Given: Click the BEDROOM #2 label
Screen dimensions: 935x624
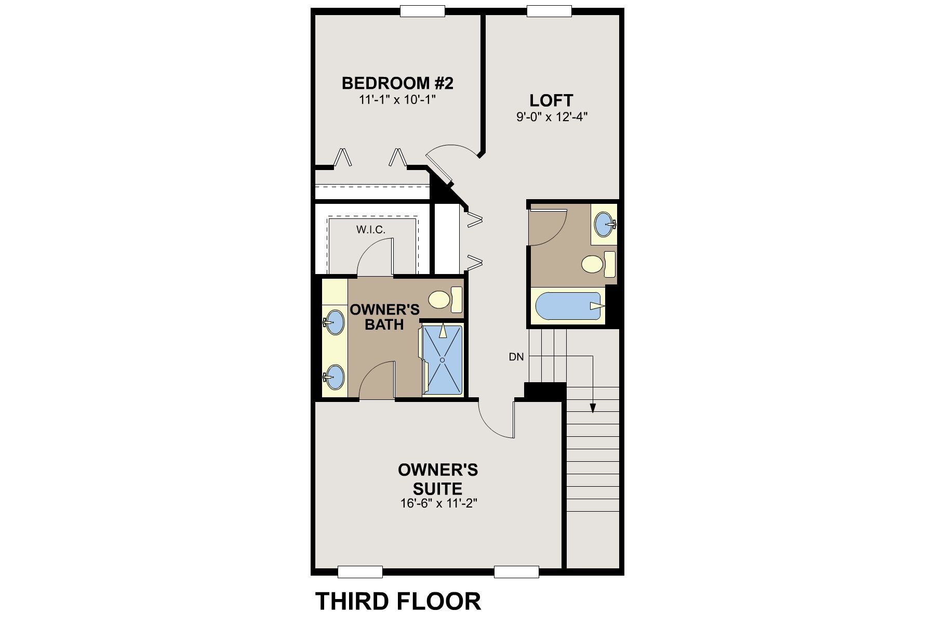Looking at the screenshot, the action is click(397, 83).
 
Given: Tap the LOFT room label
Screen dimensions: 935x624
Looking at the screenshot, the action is click(551, 100).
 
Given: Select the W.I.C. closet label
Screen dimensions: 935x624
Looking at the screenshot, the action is click(371, 229).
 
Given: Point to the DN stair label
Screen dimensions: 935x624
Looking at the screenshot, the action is click(516, 357).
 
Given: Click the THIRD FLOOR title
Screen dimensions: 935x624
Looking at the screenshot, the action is click(398, 601).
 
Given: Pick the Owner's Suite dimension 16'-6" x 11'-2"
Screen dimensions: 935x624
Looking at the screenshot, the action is click(438, 503).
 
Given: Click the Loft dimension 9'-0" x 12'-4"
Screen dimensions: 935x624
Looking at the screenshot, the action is click(551, 117).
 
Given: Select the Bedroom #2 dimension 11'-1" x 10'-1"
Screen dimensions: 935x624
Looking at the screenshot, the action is click(397, 99).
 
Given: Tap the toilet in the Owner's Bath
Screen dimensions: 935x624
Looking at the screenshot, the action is click(445, 300).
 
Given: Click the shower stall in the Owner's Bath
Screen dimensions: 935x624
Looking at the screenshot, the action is click(443, 359).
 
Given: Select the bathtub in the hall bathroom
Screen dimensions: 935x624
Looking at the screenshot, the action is click(567, 307).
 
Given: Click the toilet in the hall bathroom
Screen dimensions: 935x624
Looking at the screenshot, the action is click(598, 264).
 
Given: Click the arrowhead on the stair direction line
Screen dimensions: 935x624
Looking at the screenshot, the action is click(593, 409).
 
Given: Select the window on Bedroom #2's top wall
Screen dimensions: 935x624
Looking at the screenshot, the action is click(423, 11).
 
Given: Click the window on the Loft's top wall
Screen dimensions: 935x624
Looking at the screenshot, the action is click(549, 11).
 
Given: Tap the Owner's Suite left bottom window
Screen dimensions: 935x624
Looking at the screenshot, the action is click(360, 572).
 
